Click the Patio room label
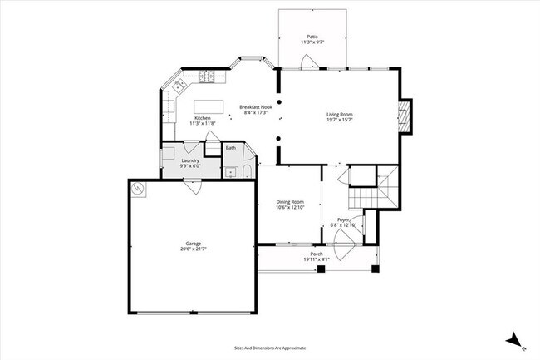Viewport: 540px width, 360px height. click(312, 37)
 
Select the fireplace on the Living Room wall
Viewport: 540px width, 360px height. click(405, 116)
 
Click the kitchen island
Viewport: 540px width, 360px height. click(210, 106)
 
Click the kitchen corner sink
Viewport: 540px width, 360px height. click(178, 86)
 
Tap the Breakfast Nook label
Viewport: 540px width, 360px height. click(255, 106)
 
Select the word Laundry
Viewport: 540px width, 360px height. click(190, 160)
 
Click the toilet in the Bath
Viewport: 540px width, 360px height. click(247, 172)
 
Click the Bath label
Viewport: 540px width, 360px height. click(230, 148)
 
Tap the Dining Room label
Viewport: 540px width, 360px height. click(290, 202)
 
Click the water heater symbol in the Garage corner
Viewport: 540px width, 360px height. click(139, 188)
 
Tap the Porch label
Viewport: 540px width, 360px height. click(316, 254)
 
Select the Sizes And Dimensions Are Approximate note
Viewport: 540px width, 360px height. click(270, 348)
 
